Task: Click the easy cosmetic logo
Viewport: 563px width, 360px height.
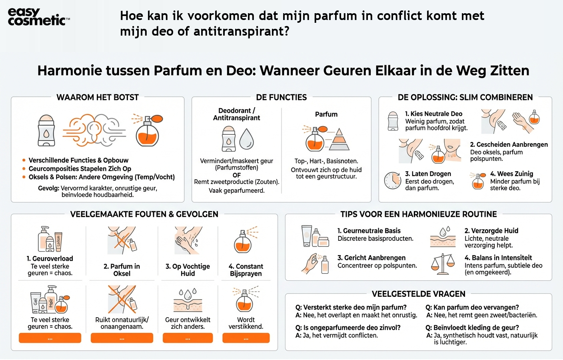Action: pos(38,17)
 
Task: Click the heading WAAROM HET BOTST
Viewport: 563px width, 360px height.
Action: pos(98,97)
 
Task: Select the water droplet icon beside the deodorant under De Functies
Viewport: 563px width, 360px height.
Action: pos(246,139)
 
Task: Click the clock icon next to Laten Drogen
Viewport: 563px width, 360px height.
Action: pos(392,180)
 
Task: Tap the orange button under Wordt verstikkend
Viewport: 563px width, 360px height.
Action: pos(246,338)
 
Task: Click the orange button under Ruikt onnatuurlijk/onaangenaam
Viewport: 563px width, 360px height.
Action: pos(122,338)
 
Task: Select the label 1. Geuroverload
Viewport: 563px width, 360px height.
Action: pos(50,258)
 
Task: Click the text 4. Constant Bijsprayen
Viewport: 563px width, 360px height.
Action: pos(246,270)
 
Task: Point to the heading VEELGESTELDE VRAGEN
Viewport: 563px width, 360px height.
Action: pos(418,294)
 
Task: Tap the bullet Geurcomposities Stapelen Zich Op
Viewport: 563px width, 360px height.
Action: pos(80,168)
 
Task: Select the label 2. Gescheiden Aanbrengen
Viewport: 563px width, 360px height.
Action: pos(509,144)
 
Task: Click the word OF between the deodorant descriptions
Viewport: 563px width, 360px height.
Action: pos(236,175)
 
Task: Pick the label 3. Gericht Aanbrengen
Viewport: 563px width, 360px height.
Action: pos(371,258)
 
